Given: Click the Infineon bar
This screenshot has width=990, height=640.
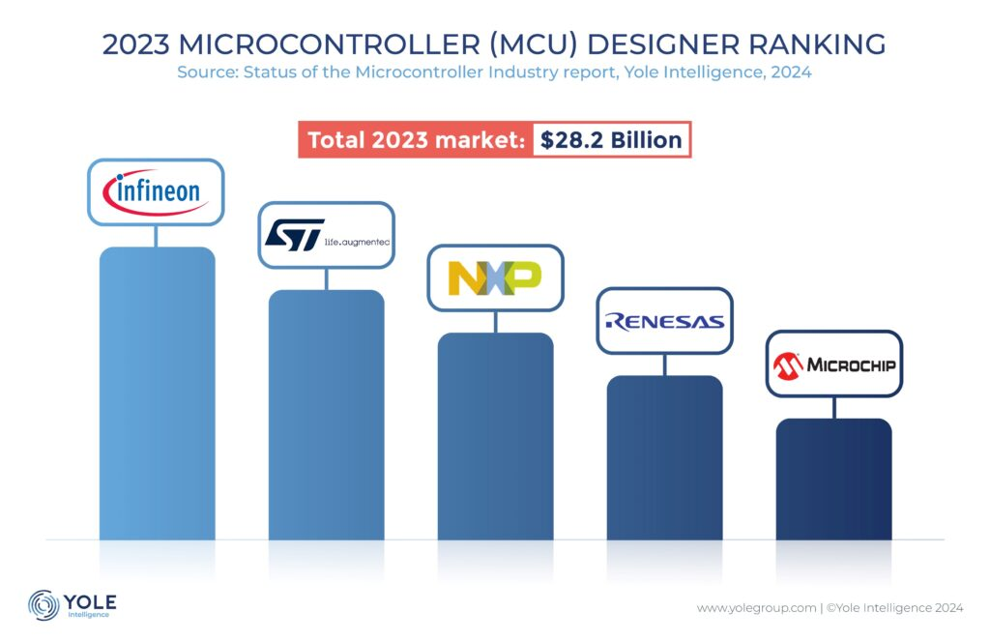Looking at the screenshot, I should [157, 392].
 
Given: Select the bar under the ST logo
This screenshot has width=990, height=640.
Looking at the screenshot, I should [326, 414].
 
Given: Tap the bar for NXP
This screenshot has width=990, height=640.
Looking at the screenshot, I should [495, 435].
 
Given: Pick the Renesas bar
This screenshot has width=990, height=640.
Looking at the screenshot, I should [664, 456].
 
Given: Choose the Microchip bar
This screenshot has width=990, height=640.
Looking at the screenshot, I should [833, 478].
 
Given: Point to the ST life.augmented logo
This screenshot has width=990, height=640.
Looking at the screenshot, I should [326, 235].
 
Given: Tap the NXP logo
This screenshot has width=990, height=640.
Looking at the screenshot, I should [495, 277].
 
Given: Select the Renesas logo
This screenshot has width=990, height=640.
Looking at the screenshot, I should [664, 321].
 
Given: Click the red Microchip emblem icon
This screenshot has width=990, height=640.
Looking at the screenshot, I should [787, 364].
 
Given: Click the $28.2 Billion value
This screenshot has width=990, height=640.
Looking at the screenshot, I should [611, 140].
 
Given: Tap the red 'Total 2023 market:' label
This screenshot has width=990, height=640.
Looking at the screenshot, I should [415, 140].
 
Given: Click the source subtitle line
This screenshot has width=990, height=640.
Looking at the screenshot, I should [494, 73].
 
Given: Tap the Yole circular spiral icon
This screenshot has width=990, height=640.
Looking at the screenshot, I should [44, 604].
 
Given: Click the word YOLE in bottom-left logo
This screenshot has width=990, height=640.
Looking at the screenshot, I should [89, 600].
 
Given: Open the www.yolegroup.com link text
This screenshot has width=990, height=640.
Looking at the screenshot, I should [756, 608].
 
